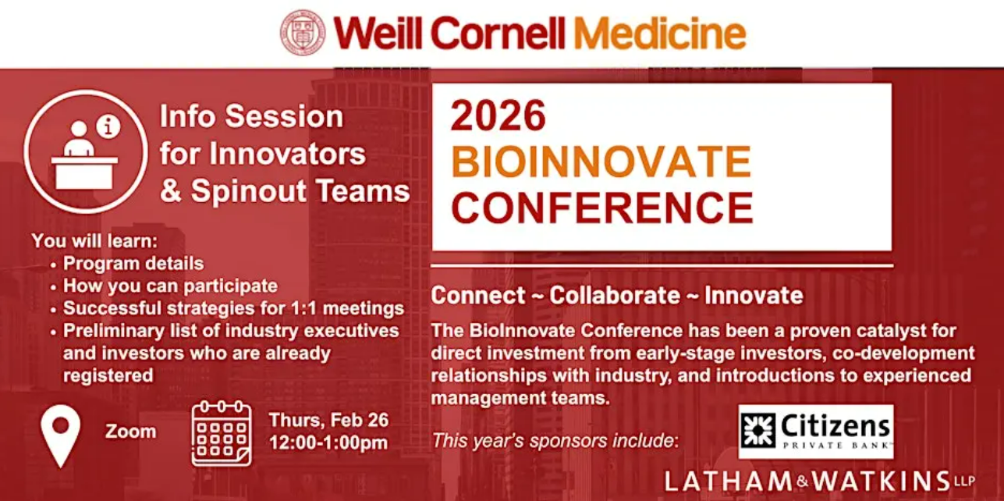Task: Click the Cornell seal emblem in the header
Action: [x=303, y=32]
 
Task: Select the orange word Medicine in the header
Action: [x=660, y=34]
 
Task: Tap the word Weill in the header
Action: [x=378, y=34]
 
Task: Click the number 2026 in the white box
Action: [x=498, y=115]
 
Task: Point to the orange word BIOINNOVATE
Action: [x=601, y=162]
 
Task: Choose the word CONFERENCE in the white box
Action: [x=602, y=208]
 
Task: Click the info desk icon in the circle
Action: [x=85, y=151]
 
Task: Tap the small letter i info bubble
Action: [x=108, y=126]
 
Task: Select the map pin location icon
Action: [x=61, y=435]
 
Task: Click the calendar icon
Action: [x=222, y=433]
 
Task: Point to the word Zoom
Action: [x=131, y=432]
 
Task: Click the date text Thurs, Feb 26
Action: [x=329, y=421]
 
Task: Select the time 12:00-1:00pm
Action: [x=328, y=442]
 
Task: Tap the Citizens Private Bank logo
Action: [x=816, y=432]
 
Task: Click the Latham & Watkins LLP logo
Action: [x=820, y=481]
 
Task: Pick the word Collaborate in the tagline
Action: [x=615, y=295]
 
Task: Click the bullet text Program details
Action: [x=133, y=264]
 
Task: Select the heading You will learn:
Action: [x=94, y=241]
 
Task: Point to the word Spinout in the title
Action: [x=248, y=191]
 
